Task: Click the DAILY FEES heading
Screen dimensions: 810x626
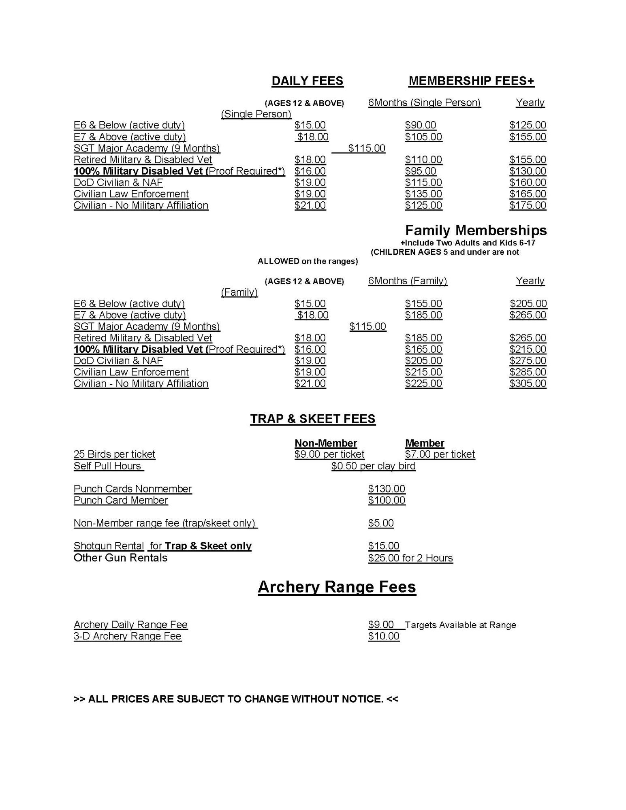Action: tap(307, 81)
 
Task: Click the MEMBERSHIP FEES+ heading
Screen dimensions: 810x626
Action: tap(471, 81)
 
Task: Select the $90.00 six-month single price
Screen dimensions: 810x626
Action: tap(421, 125)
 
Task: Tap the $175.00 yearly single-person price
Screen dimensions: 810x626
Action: tap(528, 205)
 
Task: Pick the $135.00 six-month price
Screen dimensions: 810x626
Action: tap(423, 194)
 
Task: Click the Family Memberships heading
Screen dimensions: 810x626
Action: tap(476, 230)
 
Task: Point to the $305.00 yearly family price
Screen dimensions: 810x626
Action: tap(528, 384)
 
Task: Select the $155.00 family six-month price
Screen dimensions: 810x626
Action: tap(423, 304)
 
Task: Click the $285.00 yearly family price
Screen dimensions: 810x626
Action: tap(528, 372)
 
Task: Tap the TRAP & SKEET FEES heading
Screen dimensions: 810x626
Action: tap(313, 419)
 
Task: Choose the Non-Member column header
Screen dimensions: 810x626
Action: tap(326, 443)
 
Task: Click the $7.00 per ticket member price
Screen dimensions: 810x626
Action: tap(440, 454)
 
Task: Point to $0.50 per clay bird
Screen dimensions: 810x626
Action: tap(373, 466)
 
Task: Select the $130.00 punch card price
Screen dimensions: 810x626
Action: tap(387, 489)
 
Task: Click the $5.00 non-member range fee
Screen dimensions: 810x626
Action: tap(381, 523)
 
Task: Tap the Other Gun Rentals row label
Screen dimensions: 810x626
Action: tap(120, 558)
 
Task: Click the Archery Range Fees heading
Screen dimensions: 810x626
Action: tap(337, 587)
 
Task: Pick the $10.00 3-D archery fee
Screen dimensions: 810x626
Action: tap(384, 636)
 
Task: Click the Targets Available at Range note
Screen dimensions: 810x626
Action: tap(460, 625)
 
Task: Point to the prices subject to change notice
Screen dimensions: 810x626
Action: tap(236, 699)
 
